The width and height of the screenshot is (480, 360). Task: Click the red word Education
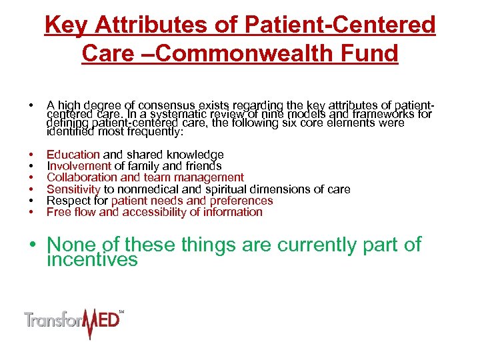point(73,155)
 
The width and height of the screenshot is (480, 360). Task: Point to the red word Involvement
point(79,166)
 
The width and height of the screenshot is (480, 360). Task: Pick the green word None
point(73,245)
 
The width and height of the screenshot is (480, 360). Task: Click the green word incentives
point(92,259)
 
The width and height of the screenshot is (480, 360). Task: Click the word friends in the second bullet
point(203,166)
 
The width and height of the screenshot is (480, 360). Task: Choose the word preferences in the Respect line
point(241,201)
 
